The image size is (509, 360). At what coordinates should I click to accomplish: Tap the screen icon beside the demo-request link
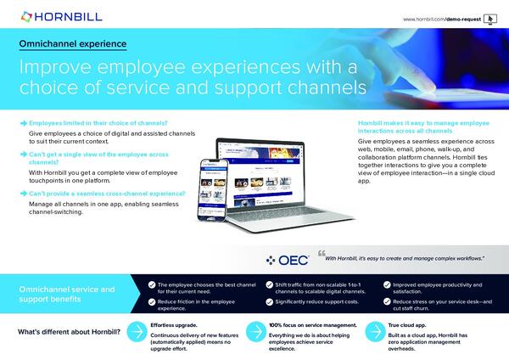[x=489, y=18]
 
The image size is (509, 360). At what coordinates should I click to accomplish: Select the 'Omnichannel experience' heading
[x=73, y=42]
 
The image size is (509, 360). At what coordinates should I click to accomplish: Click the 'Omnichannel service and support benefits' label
[x=68, y=295]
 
